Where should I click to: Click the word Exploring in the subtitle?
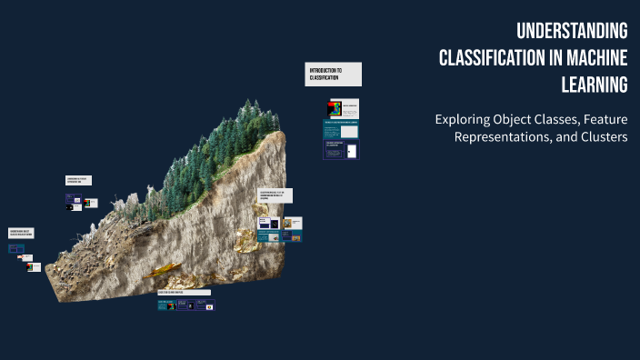pyautogui.click(x=461, y=119)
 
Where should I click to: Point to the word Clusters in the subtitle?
pyautogui.click(x=601, y=136)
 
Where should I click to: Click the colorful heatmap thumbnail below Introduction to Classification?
pyautogui.click(x=335, y=109)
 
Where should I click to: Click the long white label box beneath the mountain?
pyautogui.click(x=184, y=293)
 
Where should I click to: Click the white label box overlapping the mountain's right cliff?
pyautogui.click(x=275, y=195)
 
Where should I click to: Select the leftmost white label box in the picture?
pyautogui.click(x=21, y=234)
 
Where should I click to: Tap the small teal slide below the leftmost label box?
pyautogui.click(x=16, y=248)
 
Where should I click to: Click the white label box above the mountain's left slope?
pyautogui.click(x=78, y=181)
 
